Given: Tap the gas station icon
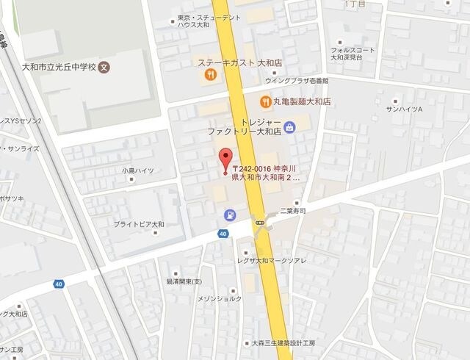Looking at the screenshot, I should [230, 215].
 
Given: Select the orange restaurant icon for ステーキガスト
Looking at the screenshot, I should [209, 73].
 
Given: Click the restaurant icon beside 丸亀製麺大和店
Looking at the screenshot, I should [263, 101].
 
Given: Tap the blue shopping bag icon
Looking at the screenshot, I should [290, 126].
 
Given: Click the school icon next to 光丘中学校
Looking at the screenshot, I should [104, 66].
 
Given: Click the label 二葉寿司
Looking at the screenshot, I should [292, 210].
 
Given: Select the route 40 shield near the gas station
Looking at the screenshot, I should [222, 234].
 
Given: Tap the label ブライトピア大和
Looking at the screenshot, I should [140, 224].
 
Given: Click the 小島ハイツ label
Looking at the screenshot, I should [138, 170].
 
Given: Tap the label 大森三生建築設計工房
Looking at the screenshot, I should [283, 343].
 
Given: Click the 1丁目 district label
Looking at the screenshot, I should [355, 4].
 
